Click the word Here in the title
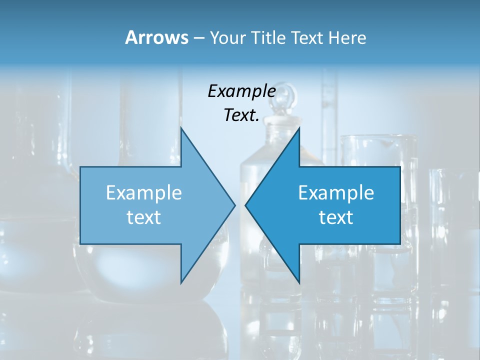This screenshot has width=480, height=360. point(347,38)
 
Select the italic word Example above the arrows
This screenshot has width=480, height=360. point(241,91)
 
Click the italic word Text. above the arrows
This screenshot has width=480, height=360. point(241,115)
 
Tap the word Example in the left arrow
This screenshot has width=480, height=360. point(144,193)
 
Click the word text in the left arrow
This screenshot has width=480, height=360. point(144,217)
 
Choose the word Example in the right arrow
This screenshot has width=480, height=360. point(336,193)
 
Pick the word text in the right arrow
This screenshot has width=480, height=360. point(336,217)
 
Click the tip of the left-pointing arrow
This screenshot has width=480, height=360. point(245,205)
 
